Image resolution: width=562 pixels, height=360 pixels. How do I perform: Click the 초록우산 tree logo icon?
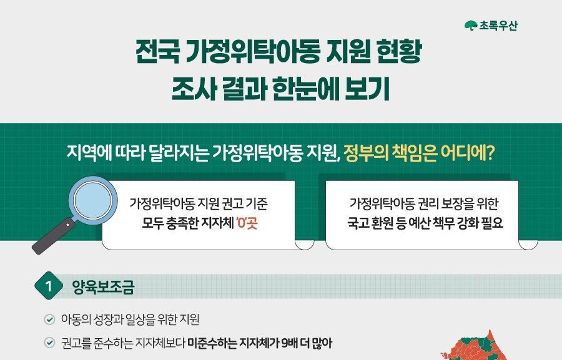471,26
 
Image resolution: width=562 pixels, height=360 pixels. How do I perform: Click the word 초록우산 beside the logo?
498,26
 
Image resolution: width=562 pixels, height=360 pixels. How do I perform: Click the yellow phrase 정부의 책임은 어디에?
419,153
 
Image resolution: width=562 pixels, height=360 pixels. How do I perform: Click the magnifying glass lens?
93,201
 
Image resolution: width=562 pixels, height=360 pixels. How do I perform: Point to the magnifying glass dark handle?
54,236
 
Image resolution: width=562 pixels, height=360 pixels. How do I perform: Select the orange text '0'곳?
247,223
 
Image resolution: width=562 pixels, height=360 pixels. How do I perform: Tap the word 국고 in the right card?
358,223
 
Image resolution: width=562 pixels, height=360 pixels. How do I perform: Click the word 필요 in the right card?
492,223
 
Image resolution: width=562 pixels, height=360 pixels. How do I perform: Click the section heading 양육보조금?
103,286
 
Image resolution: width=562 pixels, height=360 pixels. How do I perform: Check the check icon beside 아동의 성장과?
49,319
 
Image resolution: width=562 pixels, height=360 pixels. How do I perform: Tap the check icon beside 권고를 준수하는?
49,343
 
